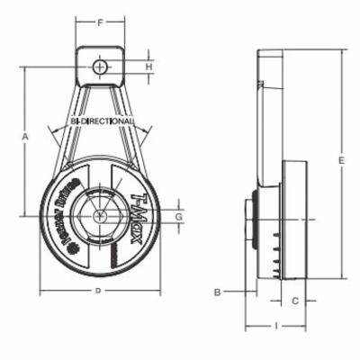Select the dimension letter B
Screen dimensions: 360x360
click(217, 292)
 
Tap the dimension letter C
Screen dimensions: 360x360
click(294, 301)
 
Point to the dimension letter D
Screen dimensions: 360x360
click(98, 292)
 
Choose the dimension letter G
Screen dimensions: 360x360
click(179, 216)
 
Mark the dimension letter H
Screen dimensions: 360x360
click(149, 67)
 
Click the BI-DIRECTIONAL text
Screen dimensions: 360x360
click(102, 120)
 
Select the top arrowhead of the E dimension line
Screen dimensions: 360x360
click(341, 52)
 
